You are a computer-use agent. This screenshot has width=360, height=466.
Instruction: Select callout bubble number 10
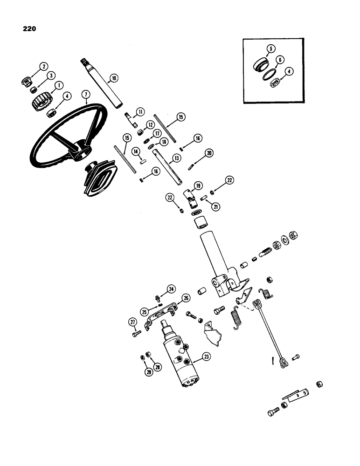(112, 78)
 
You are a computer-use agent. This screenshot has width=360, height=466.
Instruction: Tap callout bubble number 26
(186, 298)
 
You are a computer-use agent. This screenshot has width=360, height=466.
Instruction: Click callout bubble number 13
(176, 158)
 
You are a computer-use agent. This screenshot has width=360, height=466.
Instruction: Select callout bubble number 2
(43, 67)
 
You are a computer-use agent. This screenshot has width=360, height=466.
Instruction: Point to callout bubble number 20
(209, 153)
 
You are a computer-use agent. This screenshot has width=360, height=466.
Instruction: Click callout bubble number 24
(171, 289)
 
